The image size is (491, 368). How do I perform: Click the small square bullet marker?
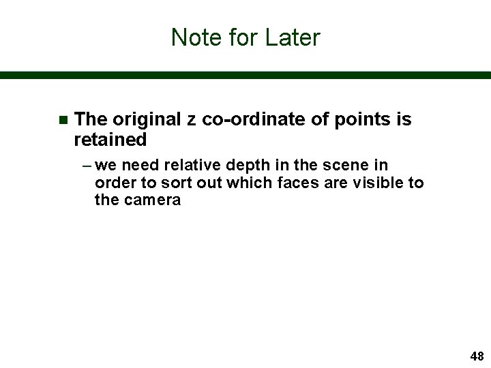[x=63, y=121]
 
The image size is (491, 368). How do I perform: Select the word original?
[x=147, y=120]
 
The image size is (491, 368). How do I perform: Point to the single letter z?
[x=192, y=121]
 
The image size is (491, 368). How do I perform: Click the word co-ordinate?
[x=254, y=120]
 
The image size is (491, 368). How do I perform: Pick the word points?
[x=360, y=121]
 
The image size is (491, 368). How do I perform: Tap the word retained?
[x=110, y=140]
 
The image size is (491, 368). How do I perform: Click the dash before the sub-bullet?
[x=88, y=166]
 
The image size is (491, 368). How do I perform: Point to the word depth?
[x=241, y=166]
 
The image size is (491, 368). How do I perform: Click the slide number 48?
[x=477, y=356]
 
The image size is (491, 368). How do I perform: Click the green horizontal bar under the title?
[x=245, y=76]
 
